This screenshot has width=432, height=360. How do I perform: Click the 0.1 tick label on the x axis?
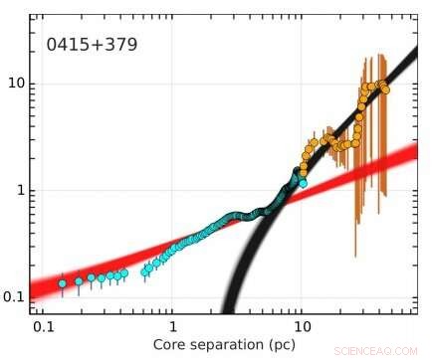pos(42,326)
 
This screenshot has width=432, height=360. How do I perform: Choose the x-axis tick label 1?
pos(172,326)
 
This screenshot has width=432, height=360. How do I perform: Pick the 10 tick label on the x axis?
pos(302,326)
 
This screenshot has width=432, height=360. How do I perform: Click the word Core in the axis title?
pos(171,344)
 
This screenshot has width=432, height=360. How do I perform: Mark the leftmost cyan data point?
pos(62,283)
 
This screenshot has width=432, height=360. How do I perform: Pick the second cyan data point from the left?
pos(79,281)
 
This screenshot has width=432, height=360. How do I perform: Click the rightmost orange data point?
pos(385,90)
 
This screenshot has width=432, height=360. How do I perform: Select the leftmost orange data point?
pos(304,158)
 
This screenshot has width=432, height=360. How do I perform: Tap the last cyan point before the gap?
pos(123,272)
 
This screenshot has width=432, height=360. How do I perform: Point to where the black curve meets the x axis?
pos(229,312)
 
